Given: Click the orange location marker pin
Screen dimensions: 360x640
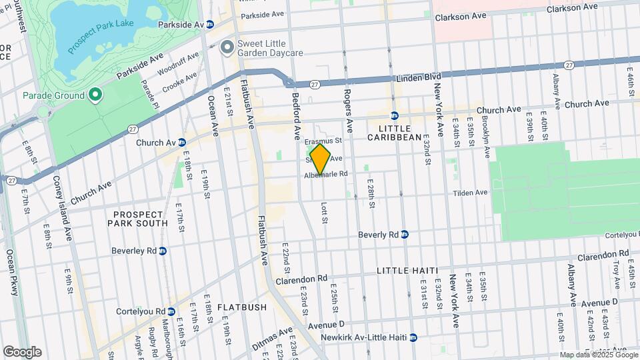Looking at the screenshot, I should (320, 159).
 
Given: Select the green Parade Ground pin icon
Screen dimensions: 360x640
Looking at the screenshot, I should (95, 95).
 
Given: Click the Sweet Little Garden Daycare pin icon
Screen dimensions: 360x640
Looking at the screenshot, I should (227, 47).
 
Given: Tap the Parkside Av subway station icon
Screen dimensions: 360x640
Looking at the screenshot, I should (209, 24).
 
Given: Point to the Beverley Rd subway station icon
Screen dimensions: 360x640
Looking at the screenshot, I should (163, 251).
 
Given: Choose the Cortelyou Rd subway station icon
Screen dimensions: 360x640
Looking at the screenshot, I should (171, 311).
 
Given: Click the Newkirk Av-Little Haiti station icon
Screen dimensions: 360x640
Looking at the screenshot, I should (413, 337).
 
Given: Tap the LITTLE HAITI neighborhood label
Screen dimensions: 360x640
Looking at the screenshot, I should (407, 270).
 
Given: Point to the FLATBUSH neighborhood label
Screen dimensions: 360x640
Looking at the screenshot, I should (241, 307).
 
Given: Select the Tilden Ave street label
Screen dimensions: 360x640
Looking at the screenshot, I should (471, 193).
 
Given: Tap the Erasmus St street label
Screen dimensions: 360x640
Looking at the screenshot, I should (323, 141).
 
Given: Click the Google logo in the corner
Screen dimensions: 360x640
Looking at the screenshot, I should (22, 351).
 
